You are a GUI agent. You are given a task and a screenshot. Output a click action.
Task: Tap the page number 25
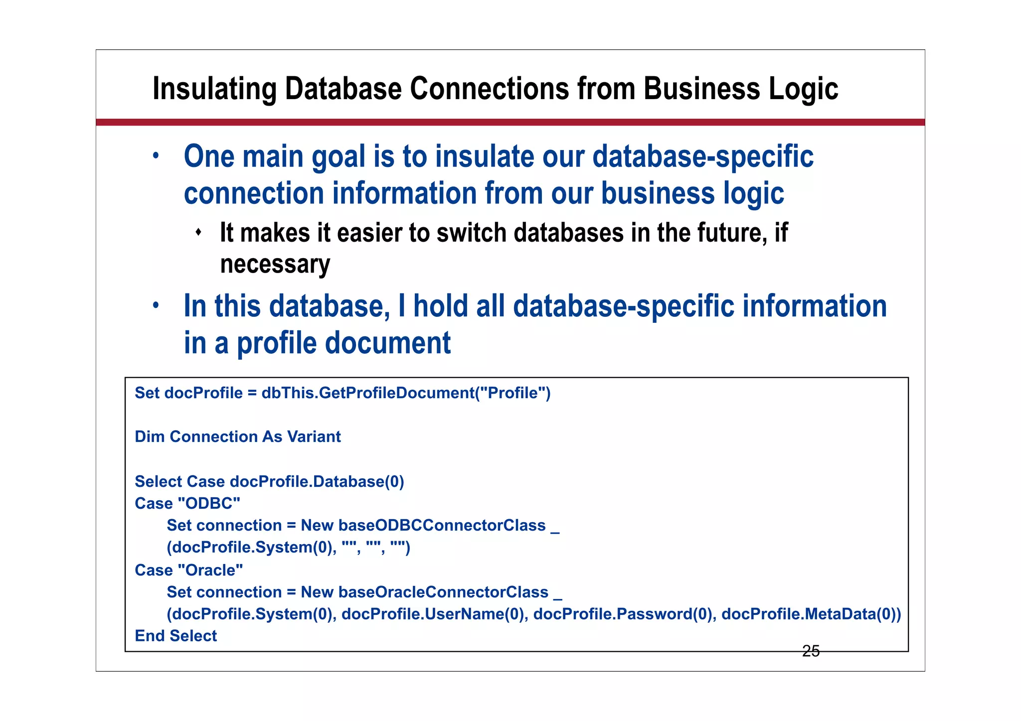click(811, 651)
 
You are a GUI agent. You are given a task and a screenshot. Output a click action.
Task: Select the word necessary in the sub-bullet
click(275, 264)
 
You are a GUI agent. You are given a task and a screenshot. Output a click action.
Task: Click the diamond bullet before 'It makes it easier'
click(198, 232)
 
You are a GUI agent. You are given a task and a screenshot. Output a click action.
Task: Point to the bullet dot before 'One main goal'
click(156, 155)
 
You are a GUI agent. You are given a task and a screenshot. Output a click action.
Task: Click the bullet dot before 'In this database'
click(156, 305)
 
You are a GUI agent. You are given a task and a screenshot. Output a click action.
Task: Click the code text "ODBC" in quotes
click(209, 503)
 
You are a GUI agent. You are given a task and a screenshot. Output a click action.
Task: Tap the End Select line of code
click(176, 636)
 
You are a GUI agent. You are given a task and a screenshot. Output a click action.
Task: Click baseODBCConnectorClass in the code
click(442, 525)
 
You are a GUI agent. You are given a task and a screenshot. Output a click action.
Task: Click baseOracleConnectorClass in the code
click(443, 592)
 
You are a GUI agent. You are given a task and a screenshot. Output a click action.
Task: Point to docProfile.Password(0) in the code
click(625, 614)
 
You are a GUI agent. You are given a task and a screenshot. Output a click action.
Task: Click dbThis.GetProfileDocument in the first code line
click(367, 393)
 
